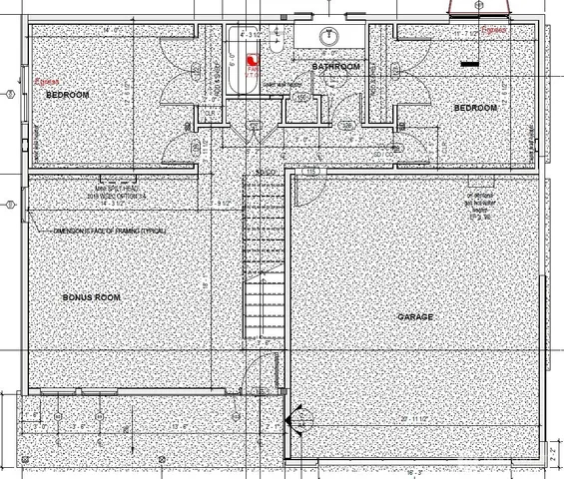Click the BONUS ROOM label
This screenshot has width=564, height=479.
click(91, 298)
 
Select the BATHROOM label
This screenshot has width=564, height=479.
click(334, 67)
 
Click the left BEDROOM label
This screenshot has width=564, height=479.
click(67, 94)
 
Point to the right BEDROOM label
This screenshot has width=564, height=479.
click(475, 108)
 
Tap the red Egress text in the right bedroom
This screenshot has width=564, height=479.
click(494, 31)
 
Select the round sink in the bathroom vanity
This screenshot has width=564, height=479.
click(328, 36)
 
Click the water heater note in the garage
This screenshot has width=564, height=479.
click(480, 205)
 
